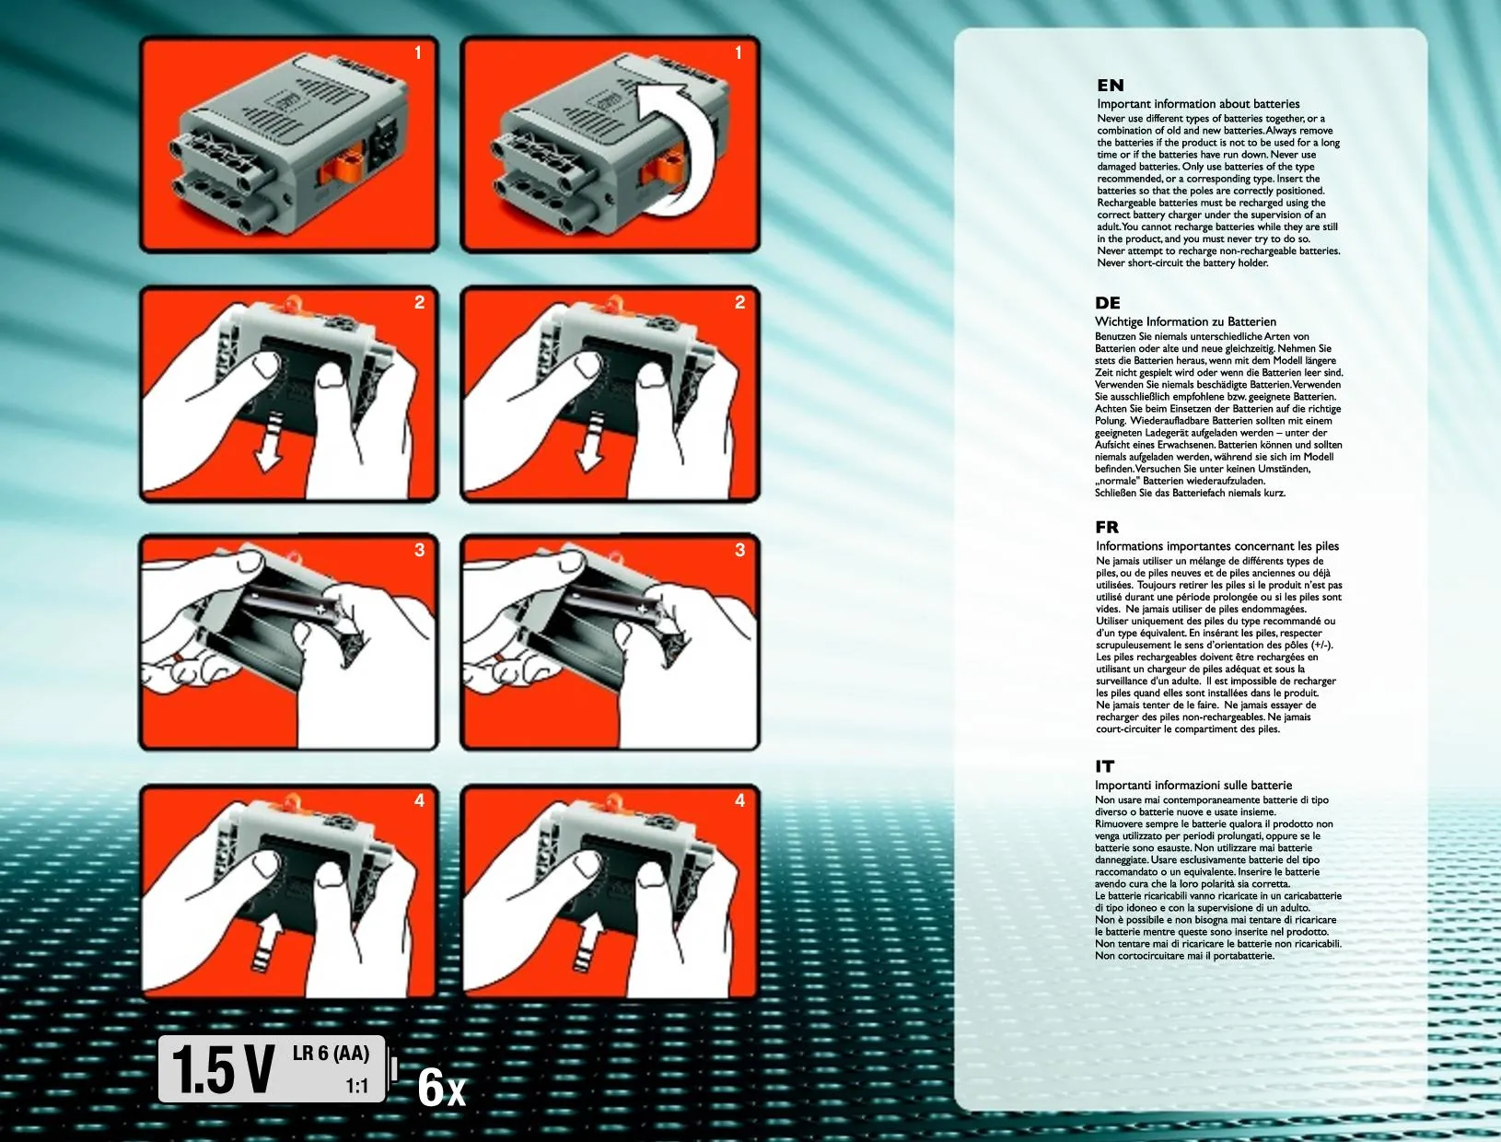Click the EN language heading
[1110, 86]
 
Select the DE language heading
[1108, 303]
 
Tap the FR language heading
[1107, 527]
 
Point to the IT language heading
[1104, 766]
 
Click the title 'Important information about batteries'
[1198, 104]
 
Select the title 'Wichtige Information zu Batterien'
[1185, 321]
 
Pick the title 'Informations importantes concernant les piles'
[1217, 546]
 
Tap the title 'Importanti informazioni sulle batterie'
[1193, 785]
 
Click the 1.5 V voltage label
[223, 1069]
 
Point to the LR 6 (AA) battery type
[331, 1053]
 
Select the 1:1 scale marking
[356, 1086]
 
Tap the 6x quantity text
[441, 1087]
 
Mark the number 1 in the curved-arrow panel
[738, 52]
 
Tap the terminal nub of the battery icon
[394, 1069]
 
